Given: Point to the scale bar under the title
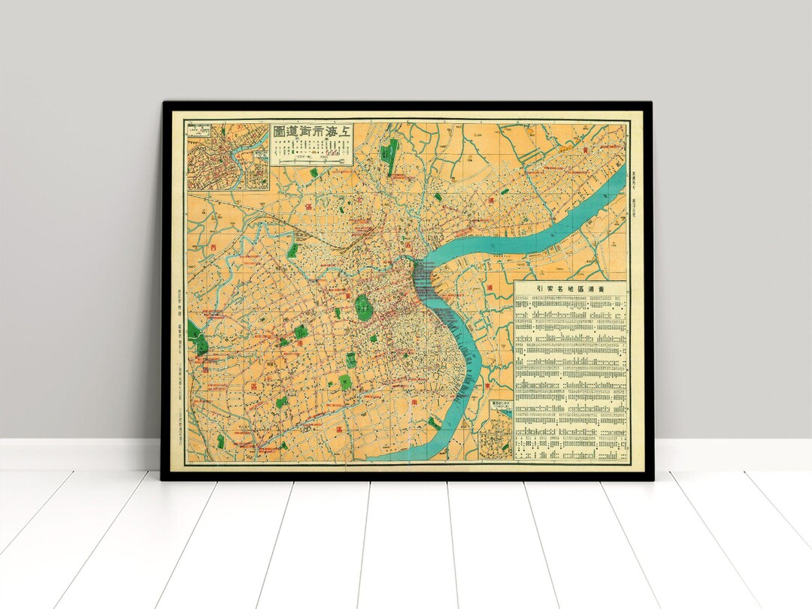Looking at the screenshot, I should tap(311, 159).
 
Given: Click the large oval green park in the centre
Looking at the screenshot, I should tap(362, 306).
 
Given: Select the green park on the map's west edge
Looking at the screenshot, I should tap(201, 342).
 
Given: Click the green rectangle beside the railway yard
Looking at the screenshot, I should tap(292, 251).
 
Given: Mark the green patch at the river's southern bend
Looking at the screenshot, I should tap(435, 422).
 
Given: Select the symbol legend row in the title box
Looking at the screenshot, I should tap(311, 148).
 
